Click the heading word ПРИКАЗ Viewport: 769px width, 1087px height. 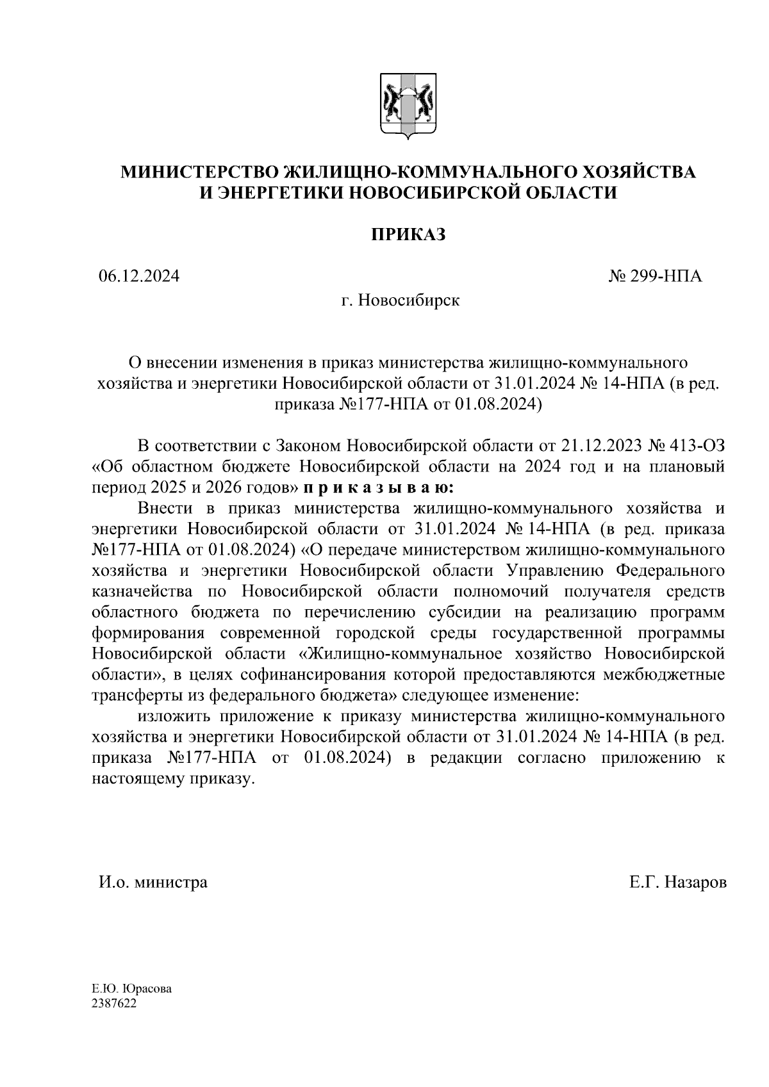click(x=408, y=235)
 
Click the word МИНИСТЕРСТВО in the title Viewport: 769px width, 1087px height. click(x=201, y=172)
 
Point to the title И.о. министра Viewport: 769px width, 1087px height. click(x=153, y=883)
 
